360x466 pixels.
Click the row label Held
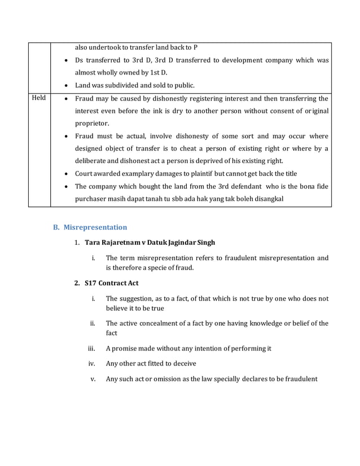click(x=39, y=98)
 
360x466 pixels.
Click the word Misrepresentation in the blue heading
click(x=95, y=227)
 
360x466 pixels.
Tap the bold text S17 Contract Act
click(x=111, y=283)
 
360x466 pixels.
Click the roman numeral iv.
click(x=91, y=364)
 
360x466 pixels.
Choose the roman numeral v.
click(x=94, y=379)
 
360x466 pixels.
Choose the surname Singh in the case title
click(x=204, y=243)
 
